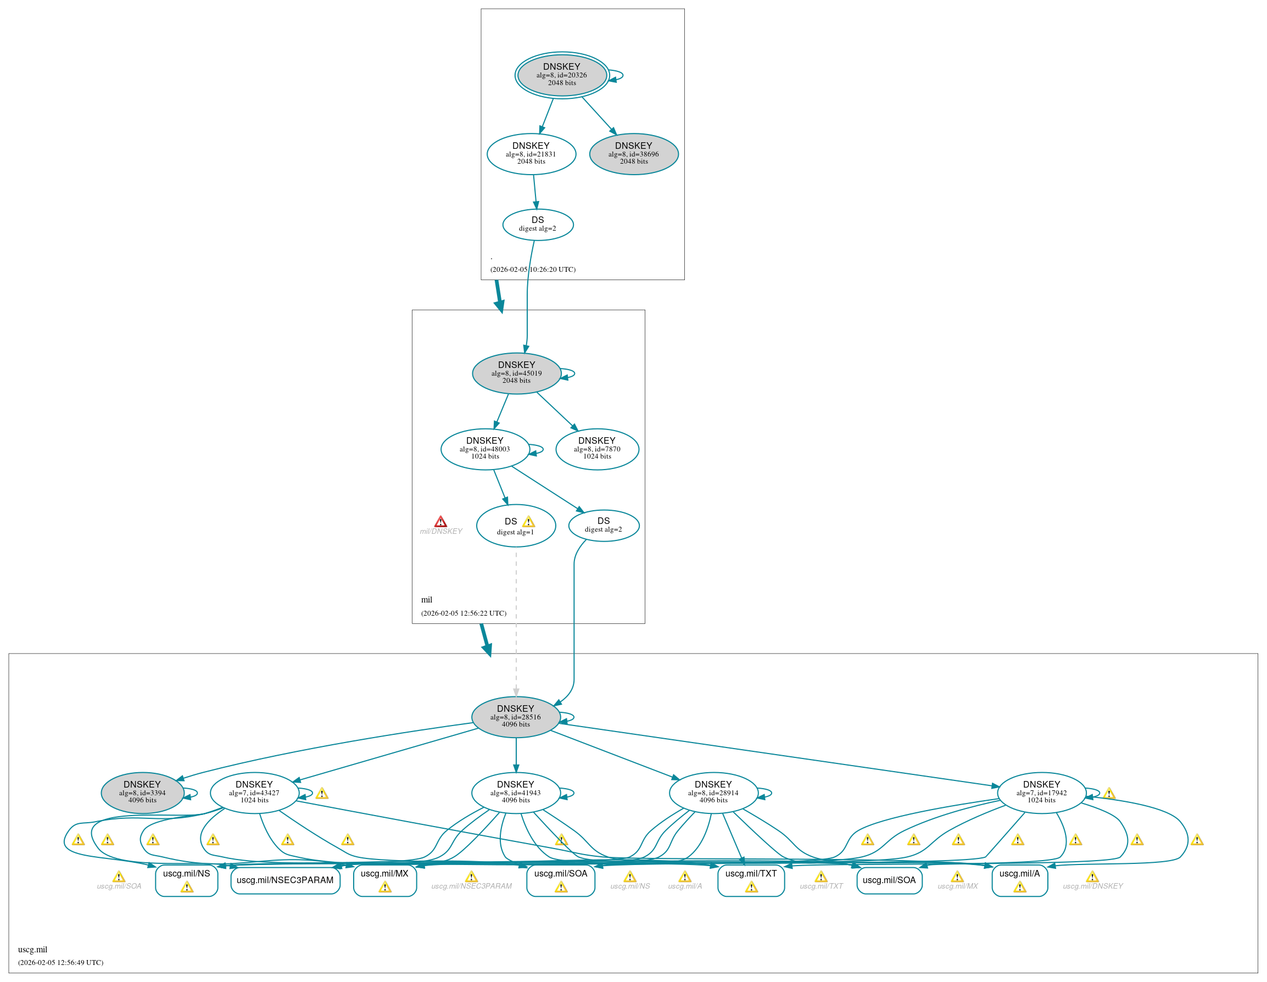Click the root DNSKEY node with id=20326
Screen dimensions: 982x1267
coord(562,75)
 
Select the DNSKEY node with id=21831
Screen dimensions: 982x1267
coord(531,154)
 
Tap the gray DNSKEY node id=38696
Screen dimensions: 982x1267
coord(634,154)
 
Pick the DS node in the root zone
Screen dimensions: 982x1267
coord(538,225)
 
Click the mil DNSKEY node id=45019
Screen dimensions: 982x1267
coord(516,373)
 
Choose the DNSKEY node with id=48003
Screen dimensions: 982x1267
coord(484,449)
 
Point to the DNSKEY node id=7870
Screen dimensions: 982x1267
coord(597,449)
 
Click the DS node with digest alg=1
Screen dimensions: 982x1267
coord(515,526)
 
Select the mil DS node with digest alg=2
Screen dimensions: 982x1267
coord(604,526)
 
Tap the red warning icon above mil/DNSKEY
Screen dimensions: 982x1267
coord(441,521)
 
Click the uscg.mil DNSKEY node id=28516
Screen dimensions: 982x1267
coord(515,717)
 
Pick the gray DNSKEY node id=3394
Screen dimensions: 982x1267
coord(142,793)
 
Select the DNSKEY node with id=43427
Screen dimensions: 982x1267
coord(254,793)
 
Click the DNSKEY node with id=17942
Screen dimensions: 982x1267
coord(1041,793)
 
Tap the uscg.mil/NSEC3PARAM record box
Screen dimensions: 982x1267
coord(285,880)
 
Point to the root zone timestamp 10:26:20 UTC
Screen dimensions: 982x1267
coord(533,269)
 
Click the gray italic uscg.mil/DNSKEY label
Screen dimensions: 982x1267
coord(1092,886)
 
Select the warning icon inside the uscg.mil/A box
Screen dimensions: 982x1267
coord(1020,887)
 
